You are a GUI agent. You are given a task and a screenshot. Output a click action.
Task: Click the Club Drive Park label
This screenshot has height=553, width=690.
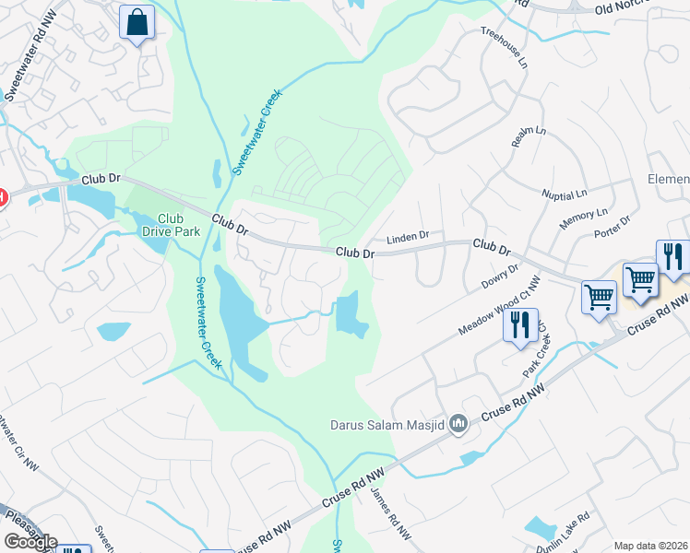coord(171,225)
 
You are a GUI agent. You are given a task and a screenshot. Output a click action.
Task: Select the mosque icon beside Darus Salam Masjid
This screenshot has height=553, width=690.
coord(459,424)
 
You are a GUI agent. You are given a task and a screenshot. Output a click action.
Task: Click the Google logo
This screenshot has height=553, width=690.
coord(30,542)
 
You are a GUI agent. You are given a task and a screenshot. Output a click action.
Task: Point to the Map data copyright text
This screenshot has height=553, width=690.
coord(650,546)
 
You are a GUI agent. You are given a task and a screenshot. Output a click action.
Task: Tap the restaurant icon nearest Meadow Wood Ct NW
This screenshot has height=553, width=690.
coord(520,325)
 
